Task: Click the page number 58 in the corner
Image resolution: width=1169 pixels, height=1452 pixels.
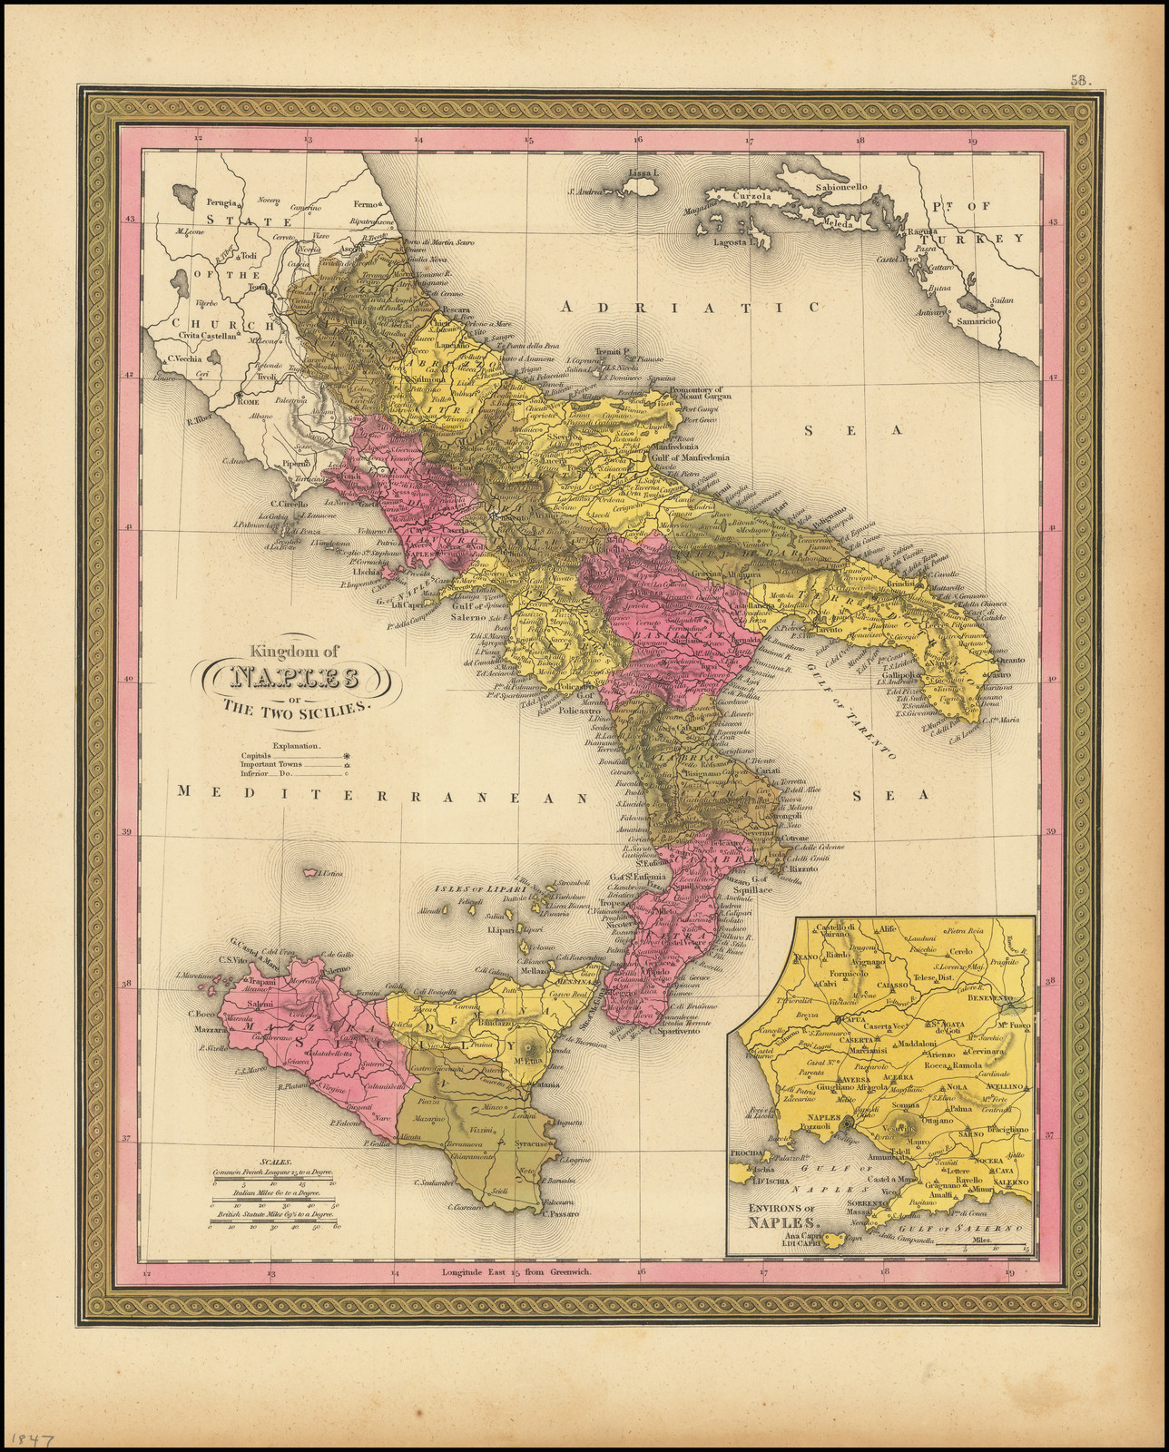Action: [x=1078, y=80]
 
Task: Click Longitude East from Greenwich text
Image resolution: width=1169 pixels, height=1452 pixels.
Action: [x=516, y=1271]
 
